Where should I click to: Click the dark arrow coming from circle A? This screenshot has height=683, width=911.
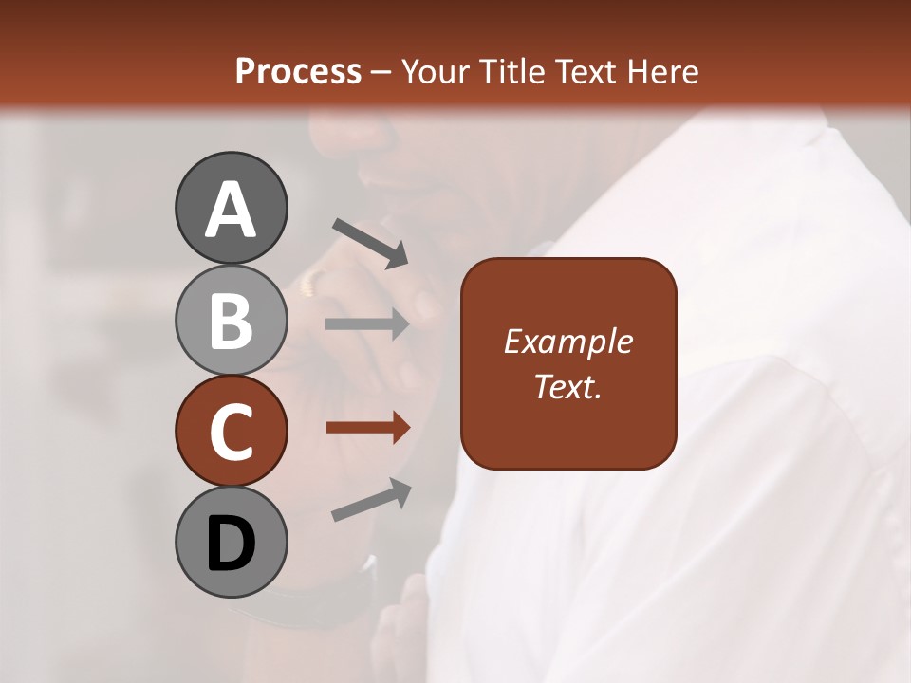[369, 242]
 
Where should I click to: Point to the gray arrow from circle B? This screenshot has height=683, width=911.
[367, 324]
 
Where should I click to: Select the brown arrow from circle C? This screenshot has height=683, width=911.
[367, 428]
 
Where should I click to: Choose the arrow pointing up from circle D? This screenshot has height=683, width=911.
[371, 500]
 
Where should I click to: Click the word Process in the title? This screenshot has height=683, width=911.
[298, 72]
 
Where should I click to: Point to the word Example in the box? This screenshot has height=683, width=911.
[567, 341]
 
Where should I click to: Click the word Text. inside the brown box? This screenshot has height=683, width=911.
[567, 386]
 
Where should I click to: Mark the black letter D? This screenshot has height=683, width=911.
[231, 545]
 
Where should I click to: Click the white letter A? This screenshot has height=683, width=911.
[231, 211]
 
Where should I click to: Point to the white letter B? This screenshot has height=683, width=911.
[231, 321]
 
